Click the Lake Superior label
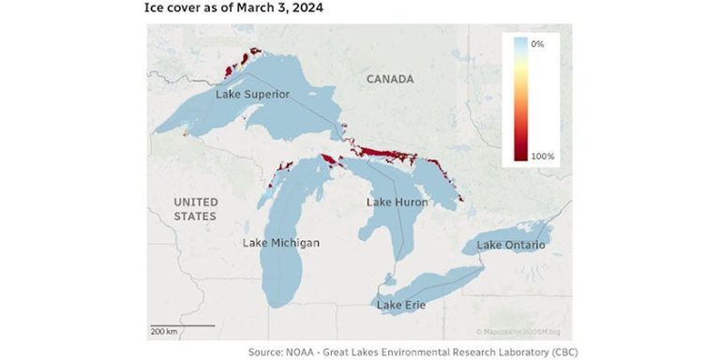click(252, 95)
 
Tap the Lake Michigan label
click(280, 243)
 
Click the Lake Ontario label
click(511, 245)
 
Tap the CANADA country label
click(390, 80)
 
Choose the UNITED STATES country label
click(195, 209)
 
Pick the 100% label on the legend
click(542, 156)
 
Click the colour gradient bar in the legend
click(521, 99)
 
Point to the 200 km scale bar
click(181, 328)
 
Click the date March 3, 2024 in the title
click(282, 8)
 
